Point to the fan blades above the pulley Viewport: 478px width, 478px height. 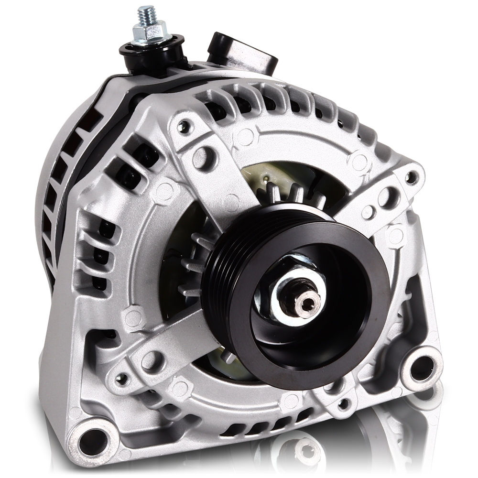287,196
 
